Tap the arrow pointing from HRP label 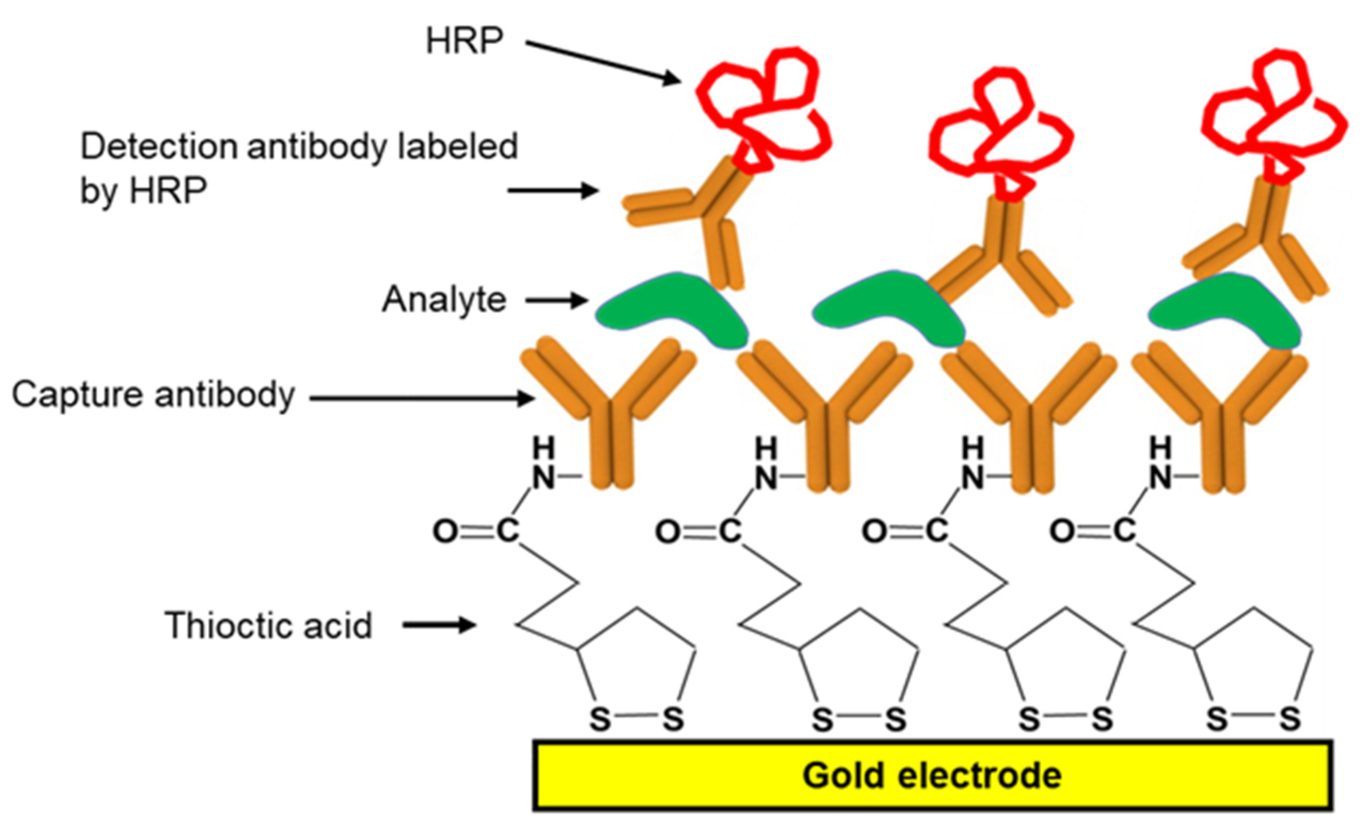click(x=603, y=62)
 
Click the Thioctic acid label click(x=269, y=626)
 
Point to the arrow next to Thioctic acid click(x=439, y=626)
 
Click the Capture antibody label click(x=153, y=395)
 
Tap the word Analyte click(x=444, y=300)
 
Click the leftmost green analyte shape click(x=672, y=312)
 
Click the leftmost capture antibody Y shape click(x=609, y=409)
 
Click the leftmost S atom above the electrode click(x=600, y=719)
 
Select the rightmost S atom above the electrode click(x=1290, y=719)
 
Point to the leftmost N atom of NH click(x=543, y=477)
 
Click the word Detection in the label click(x=160, y=147)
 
